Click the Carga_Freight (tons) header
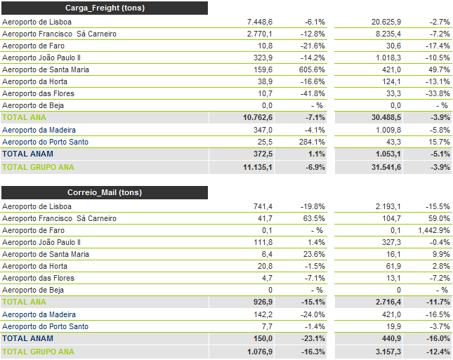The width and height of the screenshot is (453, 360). (x=105, y=8)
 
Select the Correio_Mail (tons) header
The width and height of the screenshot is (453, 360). (x=105, y=192)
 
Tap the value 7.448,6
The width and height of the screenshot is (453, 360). (x=256, y=22)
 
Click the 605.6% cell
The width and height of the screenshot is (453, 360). (x=310, y=69)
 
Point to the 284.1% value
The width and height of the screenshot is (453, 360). (x=310, y=142)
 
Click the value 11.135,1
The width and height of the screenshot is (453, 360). (x=256, y=167)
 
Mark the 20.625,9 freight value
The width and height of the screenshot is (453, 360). (x=386, y=22)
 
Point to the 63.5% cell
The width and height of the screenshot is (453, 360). (x=312, y=218)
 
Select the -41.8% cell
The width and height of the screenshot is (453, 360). (x=310, y=93)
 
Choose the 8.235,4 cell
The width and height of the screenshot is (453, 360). (x=388, y=34)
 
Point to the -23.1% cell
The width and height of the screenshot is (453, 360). (x=310, y=338)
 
